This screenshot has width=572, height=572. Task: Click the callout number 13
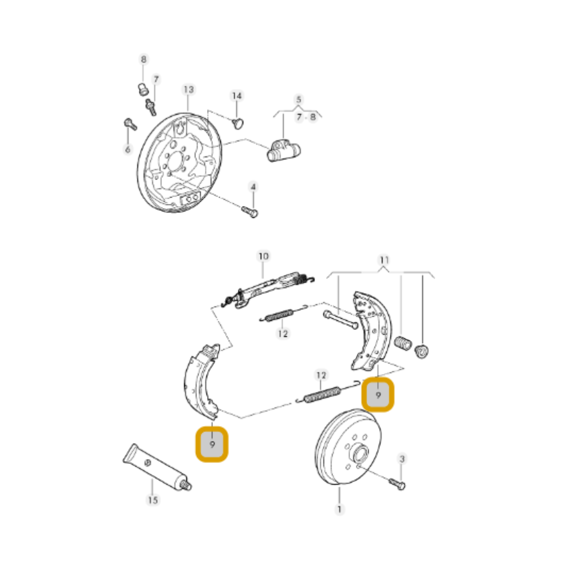coord(189,90)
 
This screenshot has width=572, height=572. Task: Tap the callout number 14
coord(236,96)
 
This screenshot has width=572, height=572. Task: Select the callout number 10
coord(263,256)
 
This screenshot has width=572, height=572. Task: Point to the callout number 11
coord(385,260)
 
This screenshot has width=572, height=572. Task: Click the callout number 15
coord(153,499)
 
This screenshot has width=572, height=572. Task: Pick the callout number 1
coord(339,510)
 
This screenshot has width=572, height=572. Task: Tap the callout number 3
coord(401,459)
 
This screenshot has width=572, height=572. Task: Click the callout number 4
coord(253,187)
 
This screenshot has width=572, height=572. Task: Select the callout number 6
coord(127,150)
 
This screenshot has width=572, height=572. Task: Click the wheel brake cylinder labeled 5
coord(283,151)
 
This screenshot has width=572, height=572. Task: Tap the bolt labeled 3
coord(397,483)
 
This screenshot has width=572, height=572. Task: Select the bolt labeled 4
coord(250,212)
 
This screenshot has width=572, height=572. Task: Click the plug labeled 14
coord(238,123)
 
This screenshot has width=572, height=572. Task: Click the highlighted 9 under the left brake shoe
coord(212,444)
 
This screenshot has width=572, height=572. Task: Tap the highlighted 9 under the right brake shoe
coord(378,395)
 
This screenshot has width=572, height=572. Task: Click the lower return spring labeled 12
coord(320,395)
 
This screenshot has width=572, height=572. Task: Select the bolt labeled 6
coord(130,124)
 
